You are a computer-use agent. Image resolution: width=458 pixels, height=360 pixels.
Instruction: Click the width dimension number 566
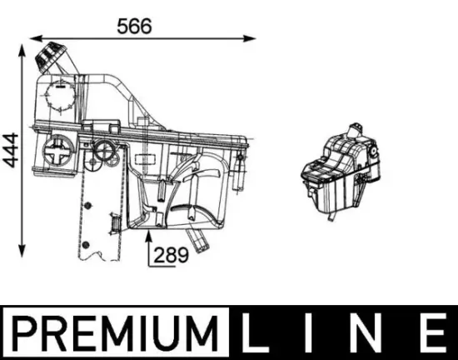pos(133,25)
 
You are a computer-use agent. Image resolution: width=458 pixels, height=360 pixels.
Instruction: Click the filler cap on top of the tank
pos(49,59)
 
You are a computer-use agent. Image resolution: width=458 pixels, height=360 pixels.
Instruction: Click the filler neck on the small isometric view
pos(359,128)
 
